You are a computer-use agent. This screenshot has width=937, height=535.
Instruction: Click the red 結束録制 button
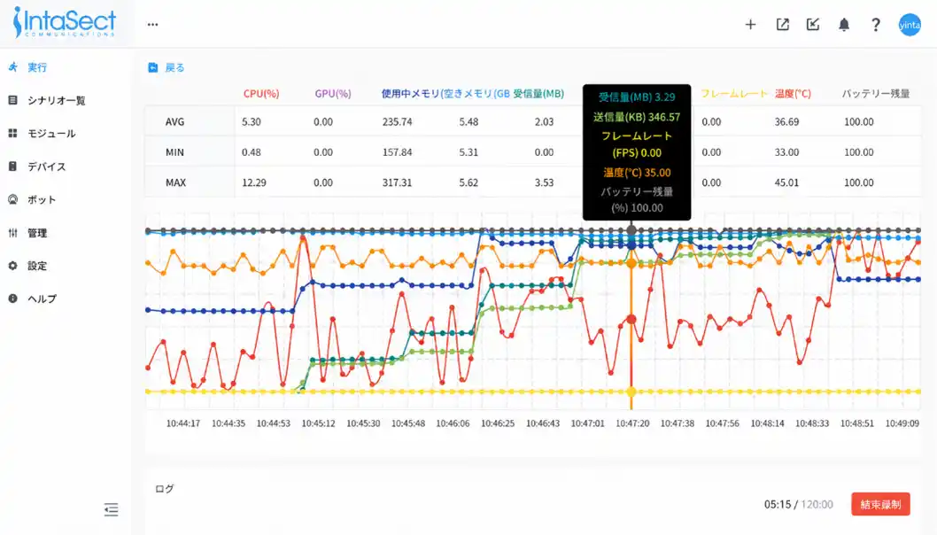click(879, 504)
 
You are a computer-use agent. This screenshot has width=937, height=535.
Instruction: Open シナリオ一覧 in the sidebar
click(56, 100)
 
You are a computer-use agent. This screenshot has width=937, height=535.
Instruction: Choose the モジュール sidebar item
click(50, 133)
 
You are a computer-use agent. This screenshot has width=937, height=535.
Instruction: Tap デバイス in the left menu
click(46, 167)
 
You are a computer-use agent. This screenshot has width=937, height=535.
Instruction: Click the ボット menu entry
click(41, 199)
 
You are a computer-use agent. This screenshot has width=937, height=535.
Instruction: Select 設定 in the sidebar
click(36, 266)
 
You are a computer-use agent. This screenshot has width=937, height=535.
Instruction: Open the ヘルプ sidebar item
click(41, 299)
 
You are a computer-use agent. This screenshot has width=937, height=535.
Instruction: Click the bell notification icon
click(844, 25)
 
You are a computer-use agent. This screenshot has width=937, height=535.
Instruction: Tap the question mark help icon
click(876, 25)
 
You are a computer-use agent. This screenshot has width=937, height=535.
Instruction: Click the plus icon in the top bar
click(750, 25)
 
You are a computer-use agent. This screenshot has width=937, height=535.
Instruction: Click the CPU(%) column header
click(261, 93)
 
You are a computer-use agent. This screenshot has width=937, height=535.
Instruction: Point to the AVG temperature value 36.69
click(786, 122)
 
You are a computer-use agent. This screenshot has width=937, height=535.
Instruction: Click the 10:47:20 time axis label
click(632, 423)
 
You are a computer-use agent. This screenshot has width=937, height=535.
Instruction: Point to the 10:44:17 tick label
click(183, 423)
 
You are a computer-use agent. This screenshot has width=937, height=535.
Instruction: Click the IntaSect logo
click(64, 22)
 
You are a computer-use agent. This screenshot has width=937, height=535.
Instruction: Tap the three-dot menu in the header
click(153, 25)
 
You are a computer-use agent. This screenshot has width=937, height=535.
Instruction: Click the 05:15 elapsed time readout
click(777, 504)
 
